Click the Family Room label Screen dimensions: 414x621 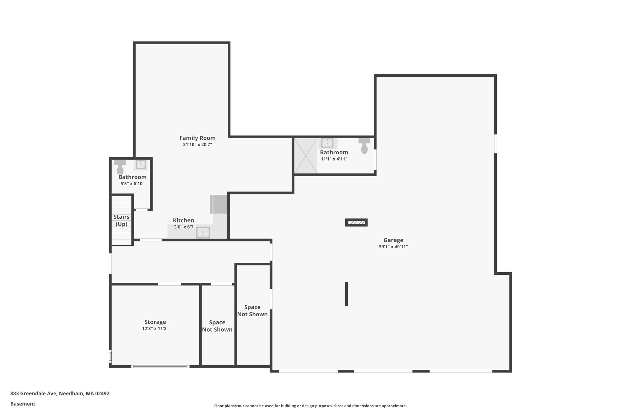(x=197, y=138)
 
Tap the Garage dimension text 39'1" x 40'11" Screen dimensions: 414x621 (x=393, y=247)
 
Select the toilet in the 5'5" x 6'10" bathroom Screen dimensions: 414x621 (x=120, y=167)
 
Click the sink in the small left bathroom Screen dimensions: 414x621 (x=141, y=164)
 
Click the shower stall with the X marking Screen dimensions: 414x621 (x=306, y=156)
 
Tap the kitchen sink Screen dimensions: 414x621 (x=203, y=233)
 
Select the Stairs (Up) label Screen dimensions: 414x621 (x=121, y=220)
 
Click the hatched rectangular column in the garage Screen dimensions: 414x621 (x=356, y=223)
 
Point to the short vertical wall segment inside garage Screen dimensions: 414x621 (x=346, y=294)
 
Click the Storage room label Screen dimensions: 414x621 (x=155, y=322)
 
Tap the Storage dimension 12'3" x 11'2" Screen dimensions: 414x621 (x=155, y=329)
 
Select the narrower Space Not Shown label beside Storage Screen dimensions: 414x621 (x=217, y=326)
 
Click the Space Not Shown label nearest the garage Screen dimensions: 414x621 (x=252, y=311)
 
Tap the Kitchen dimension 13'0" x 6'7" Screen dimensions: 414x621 (x=183, y=227)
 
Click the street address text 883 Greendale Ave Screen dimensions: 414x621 (x=60, y=394)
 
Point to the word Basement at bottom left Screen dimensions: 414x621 (x=23, y=404)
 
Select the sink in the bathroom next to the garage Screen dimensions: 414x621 (x=327, y=143)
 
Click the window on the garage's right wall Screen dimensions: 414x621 (x=495, y=144)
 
